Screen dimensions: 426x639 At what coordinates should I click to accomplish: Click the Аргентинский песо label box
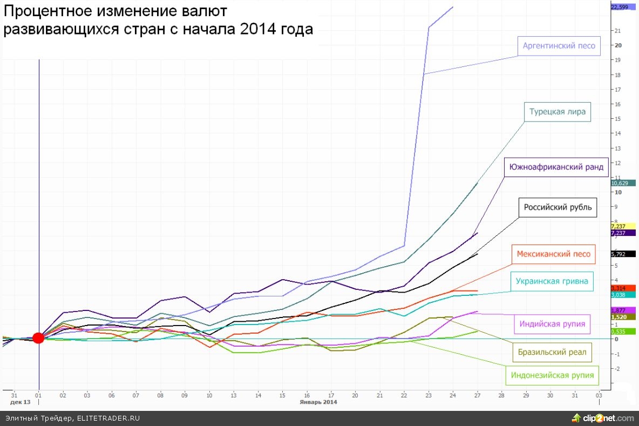point(559,46)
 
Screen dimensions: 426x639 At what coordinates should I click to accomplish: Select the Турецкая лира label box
point(558,112)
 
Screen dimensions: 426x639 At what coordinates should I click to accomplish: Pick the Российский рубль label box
point(558,207)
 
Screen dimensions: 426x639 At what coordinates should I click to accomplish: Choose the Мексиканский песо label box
point(553,254)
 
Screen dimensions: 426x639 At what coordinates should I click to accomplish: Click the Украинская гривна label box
point(552,281)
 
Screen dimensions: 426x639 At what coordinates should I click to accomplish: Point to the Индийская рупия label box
point(552,324)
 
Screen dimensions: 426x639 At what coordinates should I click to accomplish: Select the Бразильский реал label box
point(552,353)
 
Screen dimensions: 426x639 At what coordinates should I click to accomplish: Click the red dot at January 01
point(38,338)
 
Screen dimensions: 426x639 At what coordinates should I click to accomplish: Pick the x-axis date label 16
point(307,395)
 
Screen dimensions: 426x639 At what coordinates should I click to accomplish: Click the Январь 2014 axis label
point(319,402)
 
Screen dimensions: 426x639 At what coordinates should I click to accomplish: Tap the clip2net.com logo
point(603,418)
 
